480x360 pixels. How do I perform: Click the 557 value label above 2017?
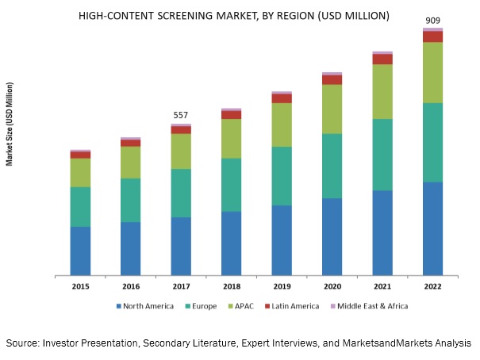(x=182, y=116)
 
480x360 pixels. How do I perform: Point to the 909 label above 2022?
(x=432, y=21)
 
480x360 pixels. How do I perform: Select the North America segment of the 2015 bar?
(x=80, y=251)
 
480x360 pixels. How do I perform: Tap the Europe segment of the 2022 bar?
(x=432, y=143)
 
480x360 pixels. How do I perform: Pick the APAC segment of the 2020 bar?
(x=332, y=109)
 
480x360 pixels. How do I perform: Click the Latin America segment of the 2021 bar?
(x=382, y=59)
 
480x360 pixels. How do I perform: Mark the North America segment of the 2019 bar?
(x=282, y=240)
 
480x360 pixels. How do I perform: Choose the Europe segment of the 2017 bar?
(x=181, y=193)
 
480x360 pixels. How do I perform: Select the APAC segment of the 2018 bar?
(x=231, y=139)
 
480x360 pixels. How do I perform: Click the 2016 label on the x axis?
(x=131, y=286)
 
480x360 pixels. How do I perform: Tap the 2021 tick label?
(x=382, y=286)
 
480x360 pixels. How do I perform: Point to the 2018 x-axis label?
(x=231, y=286)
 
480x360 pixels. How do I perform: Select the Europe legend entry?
(x=202, y=306)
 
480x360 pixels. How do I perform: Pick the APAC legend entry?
(x=243, y=306)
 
